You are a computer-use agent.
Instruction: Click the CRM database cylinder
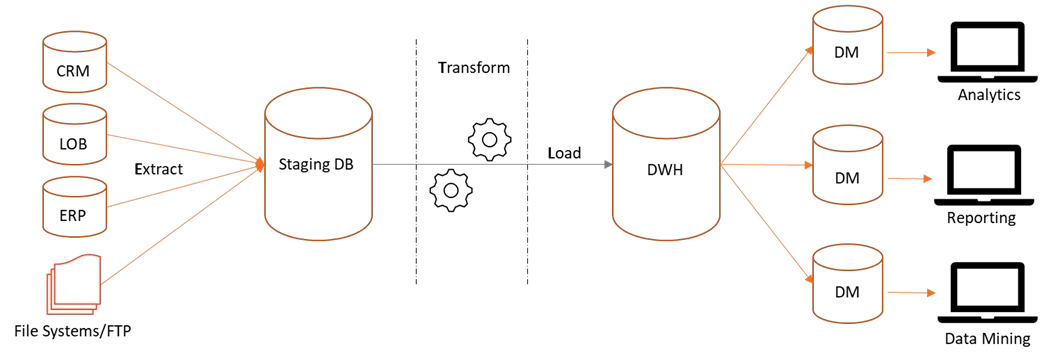[x=74, y=64]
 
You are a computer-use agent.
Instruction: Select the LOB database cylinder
[x=74, y=137]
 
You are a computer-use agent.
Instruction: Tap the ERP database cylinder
[x=74, y=209]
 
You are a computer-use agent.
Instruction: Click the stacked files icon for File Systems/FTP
[x=74, y=283]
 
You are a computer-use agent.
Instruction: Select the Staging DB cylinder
[x=318, y=164]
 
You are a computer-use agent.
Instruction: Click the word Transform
[x=473, y=67]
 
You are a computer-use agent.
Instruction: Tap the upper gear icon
[x=489, y=140]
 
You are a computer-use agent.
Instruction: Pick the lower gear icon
[x=451, y=191]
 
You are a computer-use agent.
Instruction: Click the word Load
[x=564, y=153]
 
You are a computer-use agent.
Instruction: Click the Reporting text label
[x=981, y=218]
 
